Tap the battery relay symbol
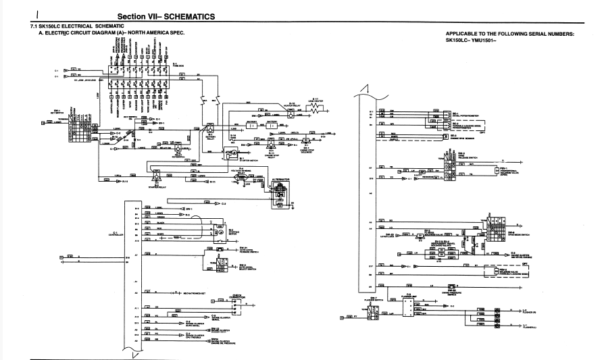point(209,127)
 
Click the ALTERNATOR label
point(279,180)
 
